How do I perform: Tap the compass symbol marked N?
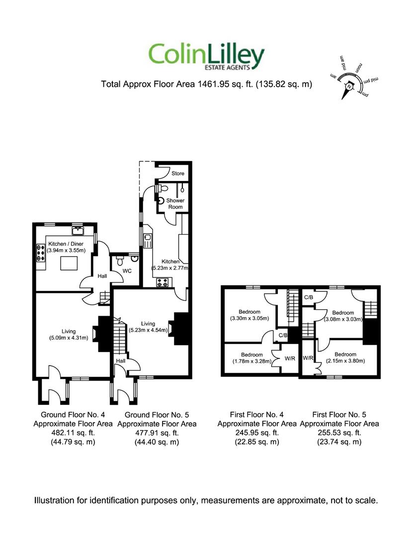point(349,86)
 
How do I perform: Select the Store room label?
point(178,174)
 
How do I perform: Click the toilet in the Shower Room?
point(159,189)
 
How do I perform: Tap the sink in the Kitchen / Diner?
point(78,230)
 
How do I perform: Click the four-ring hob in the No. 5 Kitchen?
point(163,282)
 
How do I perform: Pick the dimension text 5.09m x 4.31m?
point(68,338)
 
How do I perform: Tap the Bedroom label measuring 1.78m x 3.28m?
point(251,355)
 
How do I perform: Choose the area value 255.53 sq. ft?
point(339,433)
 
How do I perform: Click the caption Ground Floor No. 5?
point(157,415)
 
